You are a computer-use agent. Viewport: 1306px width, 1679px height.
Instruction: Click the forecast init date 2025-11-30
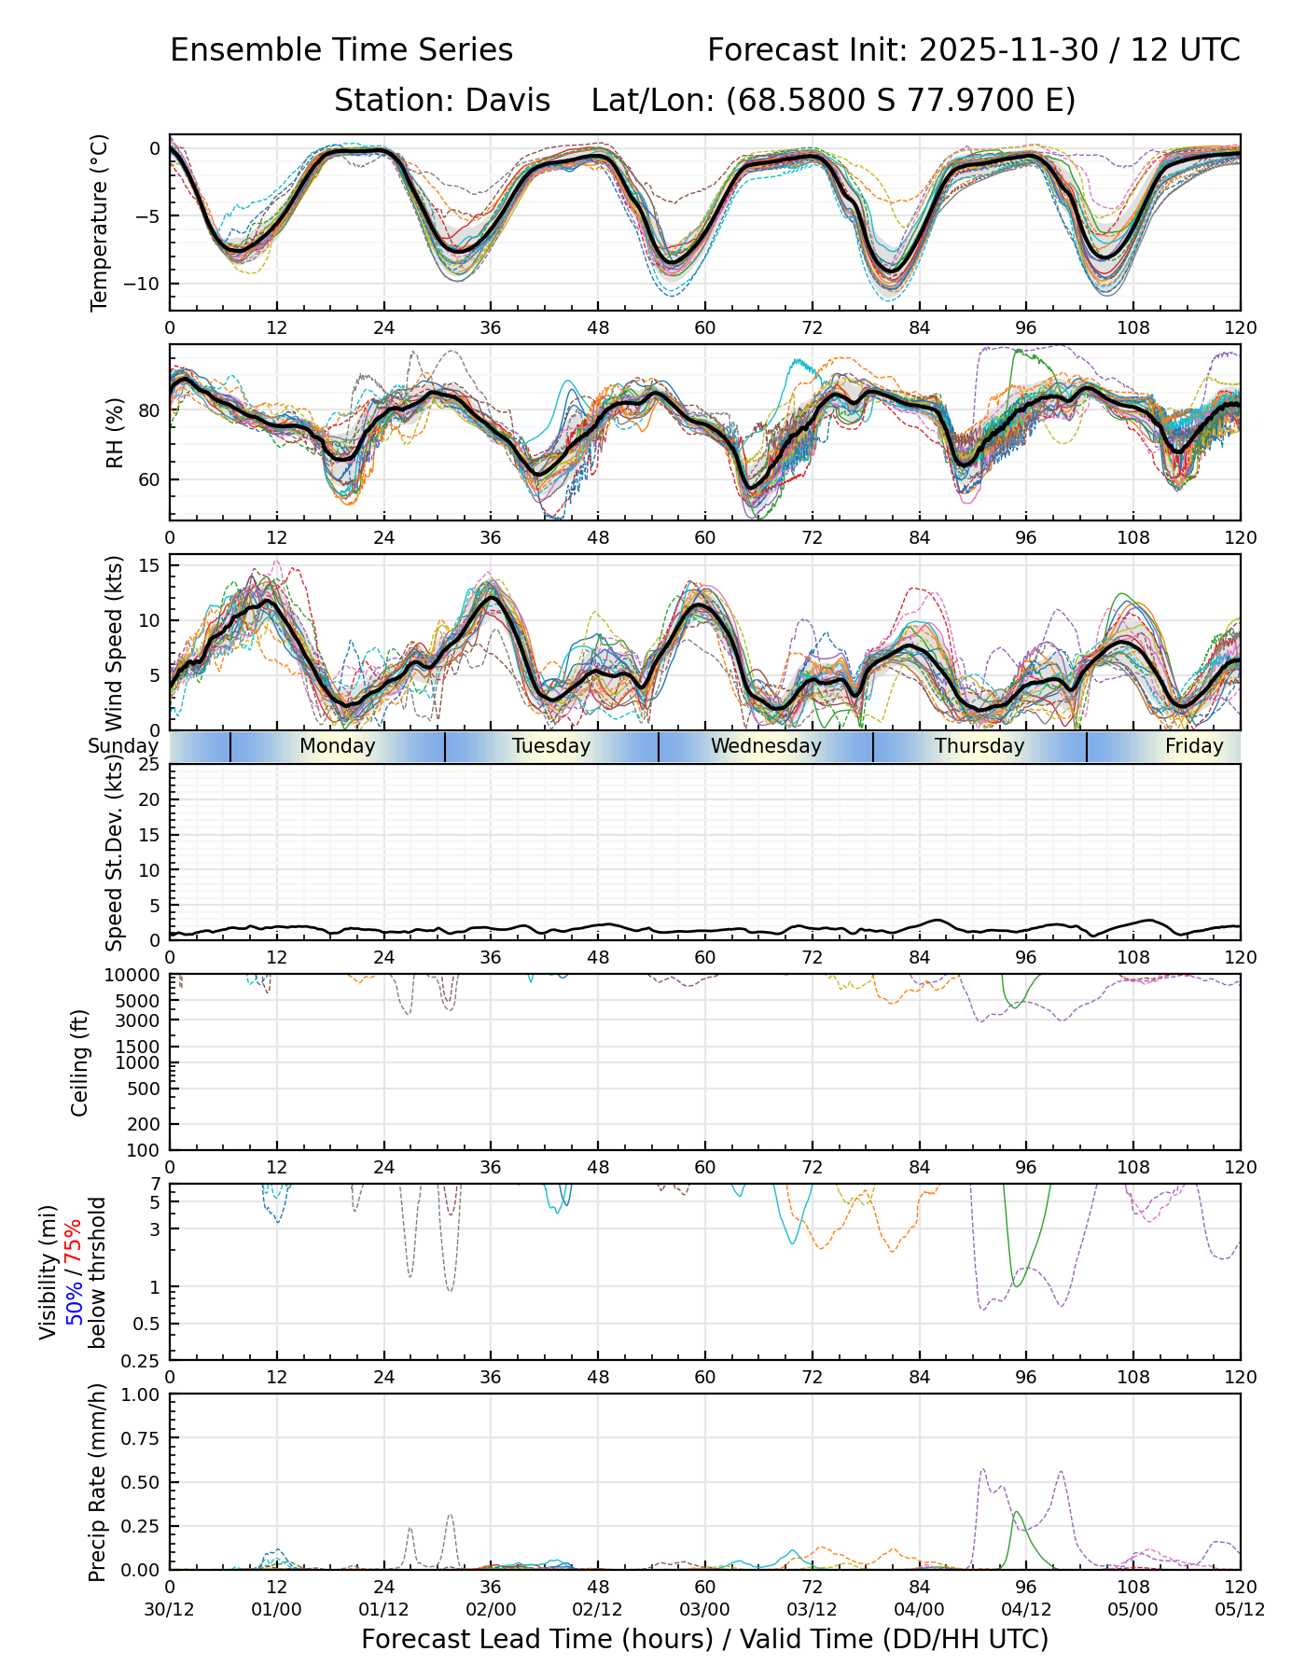(x=1008, y=50)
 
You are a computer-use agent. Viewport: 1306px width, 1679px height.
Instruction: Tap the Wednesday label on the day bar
(x=766, y=746)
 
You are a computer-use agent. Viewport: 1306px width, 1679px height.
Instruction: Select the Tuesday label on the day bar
(x=551, y=746)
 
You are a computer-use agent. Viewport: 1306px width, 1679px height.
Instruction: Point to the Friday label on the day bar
(x=1194, y=746)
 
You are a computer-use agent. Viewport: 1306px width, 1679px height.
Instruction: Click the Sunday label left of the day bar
(x=123, y=746)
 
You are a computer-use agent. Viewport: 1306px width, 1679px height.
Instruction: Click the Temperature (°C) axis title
(x=100, y=222)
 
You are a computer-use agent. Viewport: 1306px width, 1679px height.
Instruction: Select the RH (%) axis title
(x=116, y=433)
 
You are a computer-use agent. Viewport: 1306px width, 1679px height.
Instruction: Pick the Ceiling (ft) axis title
(x=80, y=1062)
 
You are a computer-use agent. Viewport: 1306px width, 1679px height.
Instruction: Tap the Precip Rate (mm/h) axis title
(x=97, y=1481)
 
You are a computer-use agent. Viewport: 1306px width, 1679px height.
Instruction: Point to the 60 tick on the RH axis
(x=149, y=479)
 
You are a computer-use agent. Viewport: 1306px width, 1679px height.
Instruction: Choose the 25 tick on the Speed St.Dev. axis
(x=149, y=765)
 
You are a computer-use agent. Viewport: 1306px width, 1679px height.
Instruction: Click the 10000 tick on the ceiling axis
(x=136, y=976)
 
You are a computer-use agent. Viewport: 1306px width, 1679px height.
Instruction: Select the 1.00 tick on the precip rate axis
(x=140, y=1395)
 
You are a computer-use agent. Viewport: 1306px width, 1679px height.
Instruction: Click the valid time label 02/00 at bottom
(x=491, y=1610)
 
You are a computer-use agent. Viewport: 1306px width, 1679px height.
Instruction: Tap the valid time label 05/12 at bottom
(x=1240, y=1610)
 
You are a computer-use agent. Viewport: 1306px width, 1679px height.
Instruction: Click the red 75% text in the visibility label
(x=73, y=1242)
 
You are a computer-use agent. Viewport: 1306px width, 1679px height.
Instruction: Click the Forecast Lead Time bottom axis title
(x=704, y=1639)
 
